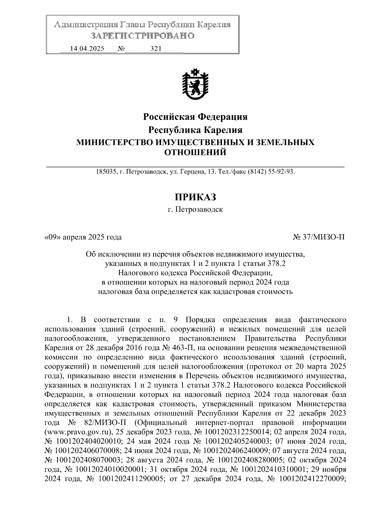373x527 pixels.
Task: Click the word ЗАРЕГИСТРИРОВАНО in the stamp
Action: pyautogui.click(x=142, y=36)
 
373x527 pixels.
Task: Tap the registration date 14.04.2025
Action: pyautogui.click(x=87, y=49)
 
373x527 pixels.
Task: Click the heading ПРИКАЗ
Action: pyautogui.click(x=195, y=197)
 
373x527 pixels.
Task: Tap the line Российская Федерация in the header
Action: pyautogui.click(x=195, y=117)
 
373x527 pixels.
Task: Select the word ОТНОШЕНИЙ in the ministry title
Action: pyautogui.click(x=195, y=152)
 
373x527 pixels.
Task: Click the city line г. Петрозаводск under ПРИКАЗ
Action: pyautogui.click(x=195, y=210)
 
